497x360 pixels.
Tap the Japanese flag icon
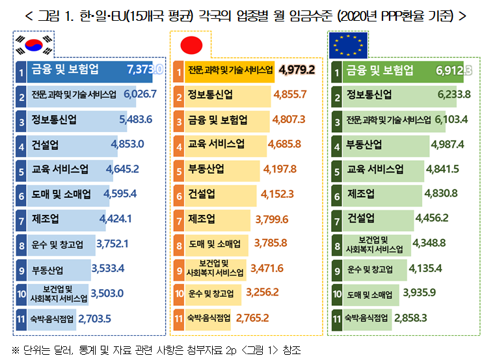[x=191, y=44]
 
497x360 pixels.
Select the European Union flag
[x=347, y=45]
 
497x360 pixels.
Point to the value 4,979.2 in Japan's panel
[x=296, y=70]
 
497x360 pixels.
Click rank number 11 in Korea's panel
[x=21, y=318]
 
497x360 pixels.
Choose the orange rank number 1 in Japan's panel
[x=179, y=70]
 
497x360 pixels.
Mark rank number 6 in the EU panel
[x=337, y=194]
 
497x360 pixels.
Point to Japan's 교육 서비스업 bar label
[x=217, y=145]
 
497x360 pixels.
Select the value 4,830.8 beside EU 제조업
[x=441, y=193]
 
